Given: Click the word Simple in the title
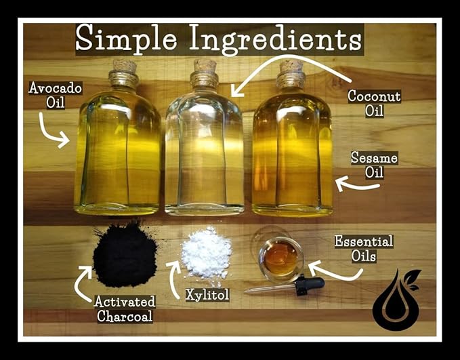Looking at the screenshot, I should (x=126, y=39).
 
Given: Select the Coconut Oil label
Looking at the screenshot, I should (x=374, y=103).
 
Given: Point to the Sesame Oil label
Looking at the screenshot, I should (x=374, y=165).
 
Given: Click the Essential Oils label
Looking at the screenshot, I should (x=363, y=248).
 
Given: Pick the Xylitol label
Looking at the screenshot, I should (x=207, y=295).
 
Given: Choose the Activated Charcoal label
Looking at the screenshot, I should (x=125, y=308).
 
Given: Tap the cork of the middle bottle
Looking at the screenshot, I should (x=204, y=66).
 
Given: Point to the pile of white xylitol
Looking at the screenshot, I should (x=206, y=254).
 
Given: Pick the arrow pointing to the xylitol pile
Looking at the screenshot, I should (x=175, y=278).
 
